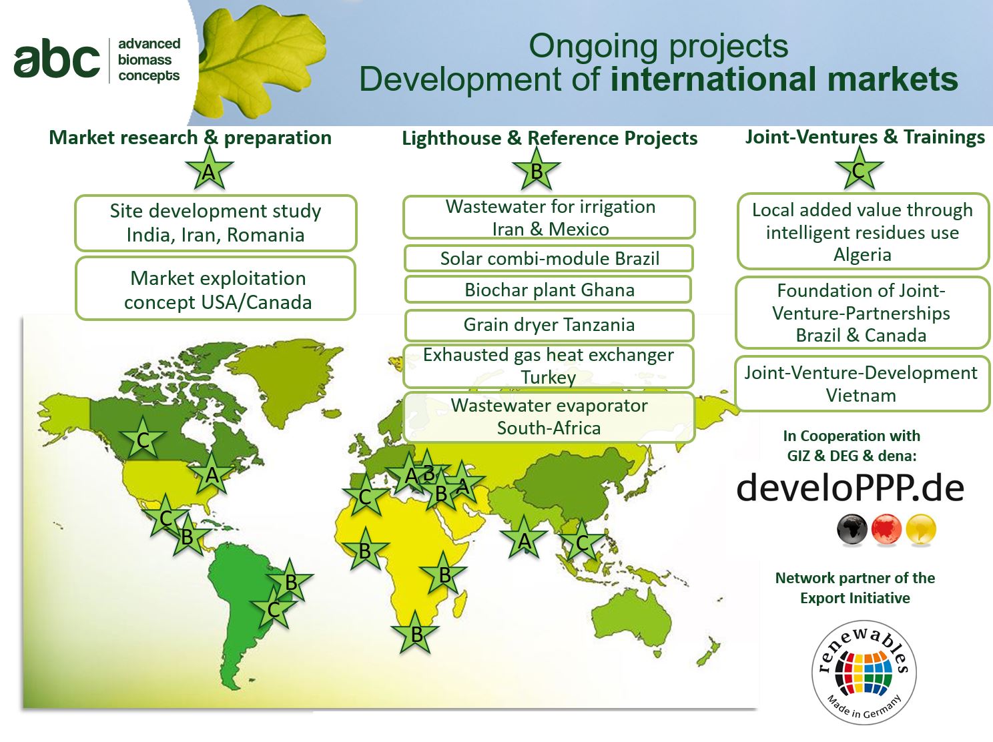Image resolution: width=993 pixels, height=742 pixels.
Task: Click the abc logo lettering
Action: click(57, 58)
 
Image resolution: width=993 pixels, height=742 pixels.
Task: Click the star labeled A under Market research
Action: click(209, 169)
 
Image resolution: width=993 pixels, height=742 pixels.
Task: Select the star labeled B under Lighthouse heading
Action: click(537, 169)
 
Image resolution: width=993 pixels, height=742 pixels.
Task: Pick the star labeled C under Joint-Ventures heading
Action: click(859, 169)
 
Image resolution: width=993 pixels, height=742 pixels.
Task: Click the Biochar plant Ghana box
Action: click(549, 290)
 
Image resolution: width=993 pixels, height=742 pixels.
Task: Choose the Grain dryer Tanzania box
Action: click(549, 325)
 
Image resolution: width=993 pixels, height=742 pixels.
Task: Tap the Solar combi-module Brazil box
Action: click(549, 258)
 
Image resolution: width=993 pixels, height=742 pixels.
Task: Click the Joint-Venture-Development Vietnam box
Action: click(862, 384)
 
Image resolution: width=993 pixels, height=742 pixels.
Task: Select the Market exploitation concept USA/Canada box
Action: click(216, 289)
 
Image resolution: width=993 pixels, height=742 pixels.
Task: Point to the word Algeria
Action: click(862, 255)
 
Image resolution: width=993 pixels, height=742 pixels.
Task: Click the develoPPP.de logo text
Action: click(850, 487)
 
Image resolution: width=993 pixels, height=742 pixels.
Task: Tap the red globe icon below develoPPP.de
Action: click(886, 529)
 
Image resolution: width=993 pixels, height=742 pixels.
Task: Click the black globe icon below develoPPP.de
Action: click(852, 529)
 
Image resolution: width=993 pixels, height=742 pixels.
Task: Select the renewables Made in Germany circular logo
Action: click(864, 673)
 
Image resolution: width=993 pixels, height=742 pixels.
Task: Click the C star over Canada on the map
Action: click(143, 438)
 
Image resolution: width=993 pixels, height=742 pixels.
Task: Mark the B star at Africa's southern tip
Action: click(416, 633)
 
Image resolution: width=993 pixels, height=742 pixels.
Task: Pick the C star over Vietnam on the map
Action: click(582, 541)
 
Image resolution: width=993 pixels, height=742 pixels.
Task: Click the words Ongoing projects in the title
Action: click(658, 46)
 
